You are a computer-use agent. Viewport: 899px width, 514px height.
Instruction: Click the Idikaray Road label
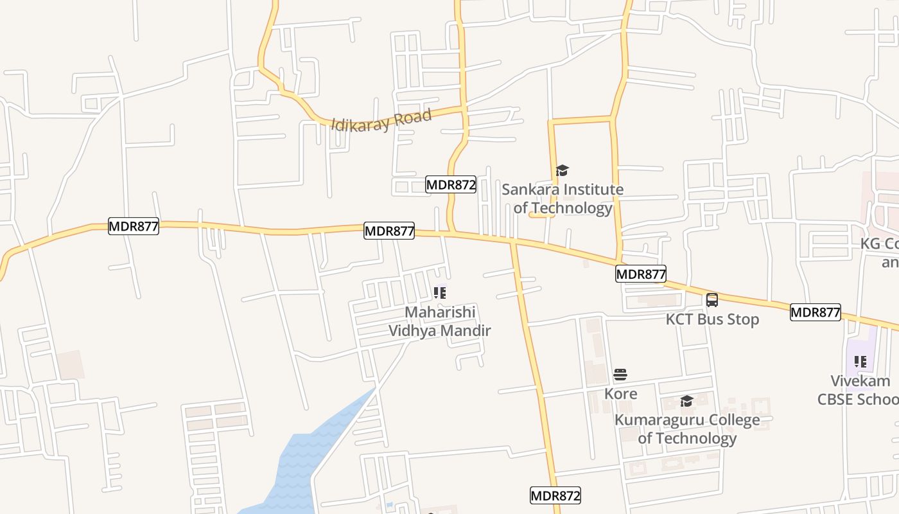click(x=381, y=120)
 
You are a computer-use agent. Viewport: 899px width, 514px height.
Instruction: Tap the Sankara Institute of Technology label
click(x=563, y=199)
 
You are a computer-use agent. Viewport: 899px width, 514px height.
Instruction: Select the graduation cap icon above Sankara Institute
click(x=563, y=170)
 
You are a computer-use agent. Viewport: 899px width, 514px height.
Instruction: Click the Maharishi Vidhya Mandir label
click(x=440, y=321)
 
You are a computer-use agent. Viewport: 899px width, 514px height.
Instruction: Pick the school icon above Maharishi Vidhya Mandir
click(x=440, y=294)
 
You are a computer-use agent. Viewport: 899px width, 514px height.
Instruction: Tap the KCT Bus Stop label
click(x=712, y=319)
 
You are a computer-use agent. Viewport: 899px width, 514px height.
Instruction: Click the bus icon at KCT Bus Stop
click(x=712, y=300)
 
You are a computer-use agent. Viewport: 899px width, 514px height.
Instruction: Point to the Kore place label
click(x=621, y=393)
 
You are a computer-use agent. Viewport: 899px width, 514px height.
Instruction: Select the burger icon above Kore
click(x=620, y=375)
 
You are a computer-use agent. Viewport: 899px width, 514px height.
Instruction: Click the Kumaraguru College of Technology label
click(x=687, y=429)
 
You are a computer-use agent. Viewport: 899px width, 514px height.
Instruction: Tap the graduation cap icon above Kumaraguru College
click(x=686, y=402)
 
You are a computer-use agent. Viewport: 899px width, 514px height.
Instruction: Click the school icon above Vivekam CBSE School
click(x=860, y=362)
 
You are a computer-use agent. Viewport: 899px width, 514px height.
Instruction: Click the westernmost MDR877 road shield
click(x=133, y=226)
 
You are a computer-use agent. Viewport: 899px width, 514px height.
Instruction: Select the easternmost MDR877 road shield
click(x=815, y=312)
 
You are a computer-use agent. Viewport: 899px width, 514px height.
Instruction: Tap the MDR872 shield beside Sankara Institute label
click(x=451, y=185)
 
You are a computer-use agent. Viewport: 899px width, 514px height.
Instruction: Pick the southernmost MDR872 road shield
click(x=555, y=495)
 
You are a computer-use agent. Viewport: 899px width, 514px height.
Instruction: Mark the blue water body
click(x=302, y=463)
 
